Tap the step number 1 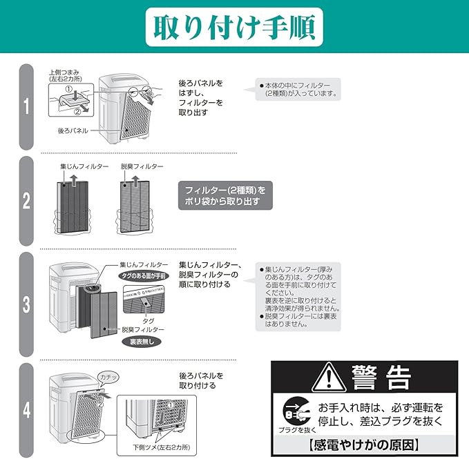pyautogui.click(x=26, y=106)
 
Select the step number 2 pyautogui.click(x=26, y=201)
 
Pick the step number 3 pyautogui.click(x=26, y=304)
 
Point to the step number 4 pyautogui.click(x=26, y=410)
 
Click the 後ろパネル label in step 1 pyautogui.click(x=73, y=130)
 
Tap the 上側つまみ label pyautogui.click(x=66, y=72)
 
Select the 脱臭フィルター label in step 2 pyautogui.click(x=142, y=167)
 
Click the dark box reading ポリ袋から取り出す pyautogui.click(x=224, y=195)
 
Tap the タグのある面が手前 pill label pyautogui.click(x=142, y=275)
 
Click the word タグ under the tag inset pyautogui.click(x=148, y=321)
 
